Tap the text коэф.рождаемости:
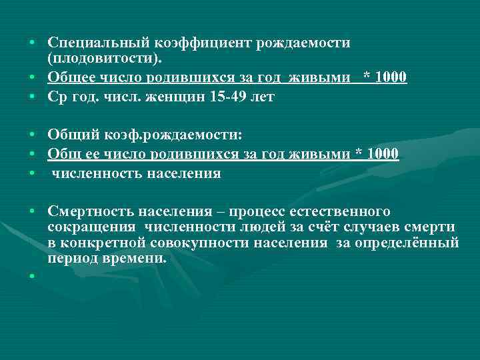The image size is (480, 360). click(171, 137)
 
